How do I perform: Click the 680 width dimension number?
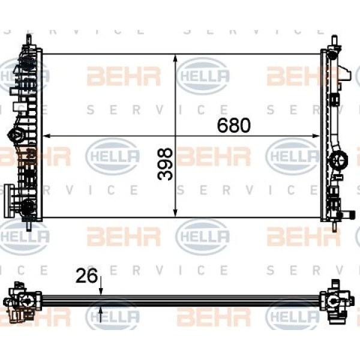coord(234,125)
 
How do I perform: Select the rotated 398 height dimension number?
coord(165,164)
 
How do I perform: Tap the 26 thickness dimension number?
coord(86,276)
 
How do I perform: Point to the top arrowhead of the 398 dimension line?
coord(176,58)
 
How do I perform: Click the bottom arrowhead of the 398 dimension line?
coord(176,212)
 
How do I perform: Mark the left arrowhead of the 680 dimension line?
coord(47,136)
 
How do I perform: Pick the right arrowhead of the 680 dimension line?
coord(316,136)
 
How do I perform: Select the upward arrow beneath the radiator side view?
coord(101,315)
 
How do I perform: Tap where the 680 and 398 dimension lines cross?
coord(176,136)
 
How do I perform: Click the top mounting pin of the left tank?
coord(29,40)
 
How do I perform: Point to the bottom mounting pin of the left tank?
coord(29,226)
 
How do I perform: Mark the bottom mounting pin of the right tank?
coord(335,226)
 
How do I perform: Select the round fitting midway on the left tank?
coord(16,135)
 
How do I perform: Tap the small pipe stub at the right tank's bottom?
coord(345,215)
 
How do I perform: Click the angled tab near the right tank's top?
coord(344,74)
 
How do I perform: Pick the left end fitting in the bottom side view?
coord(23,302)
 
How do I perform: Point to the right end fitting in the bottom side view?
coord(336,301)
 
